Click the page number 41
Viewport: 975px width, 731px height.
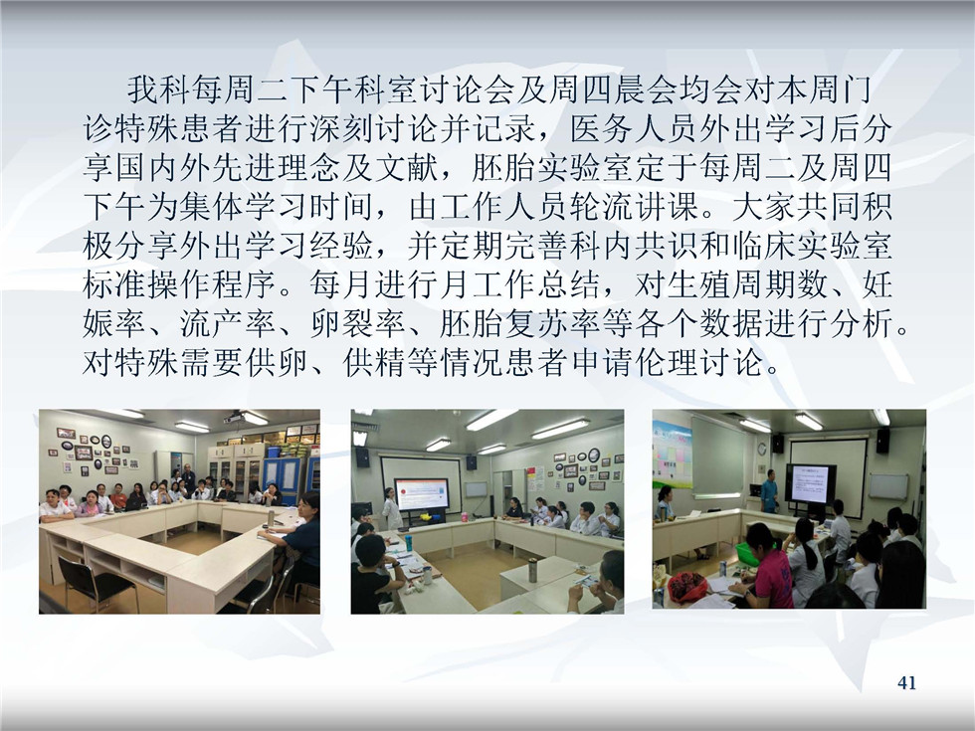[x=906, y=682]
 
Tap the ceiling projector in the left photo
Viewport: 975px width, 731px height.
[x=235, y=418]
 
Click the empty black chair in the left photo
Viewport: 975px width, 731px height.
[x=97, y=581]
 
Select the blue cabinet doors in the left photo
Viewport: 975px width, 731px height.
[x=283, y=476]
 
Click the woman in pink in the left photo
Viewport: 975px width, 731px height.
[x=91, y=504]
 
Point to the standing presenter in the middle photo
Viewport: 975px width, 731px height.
[x=391, y=508]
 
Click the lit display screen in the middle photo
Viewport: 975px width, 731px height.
[x=422, y=494]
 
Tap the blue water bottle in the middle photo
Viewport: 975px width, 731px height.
[x=408, y=543]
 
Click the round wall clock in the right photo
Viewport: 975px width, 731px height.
[x=762, y=449]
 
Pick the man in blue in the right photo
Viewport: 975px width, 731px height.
[x=769, y=491]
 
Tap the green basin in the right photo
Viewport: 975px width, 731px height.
[x=748, y=555]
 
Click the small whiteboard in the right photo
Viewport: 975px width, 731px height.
[x=888, y=486]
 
